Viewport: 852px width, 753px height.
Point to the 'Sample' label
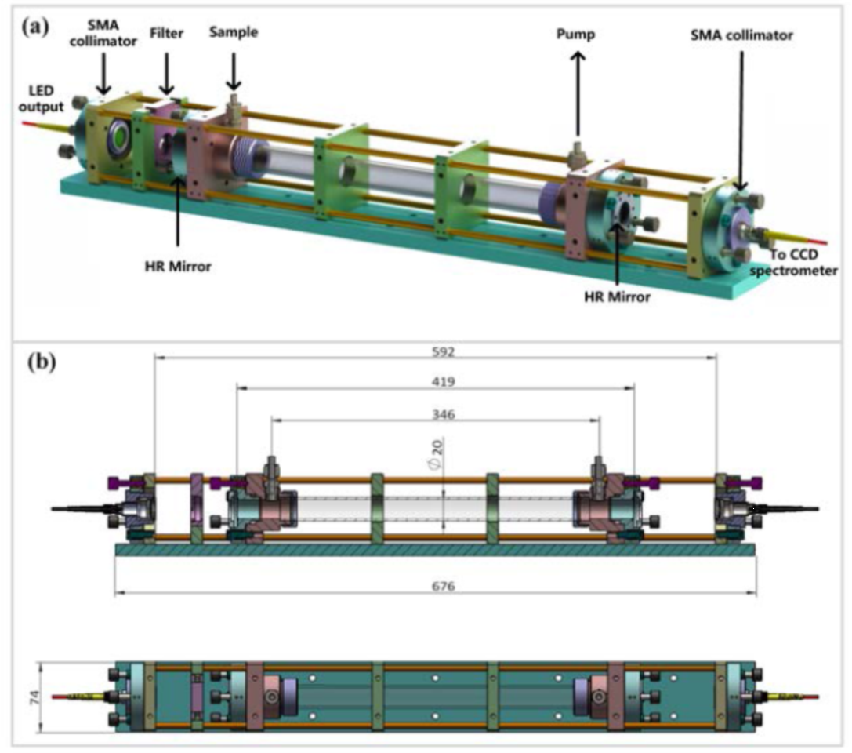[233, 32]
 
